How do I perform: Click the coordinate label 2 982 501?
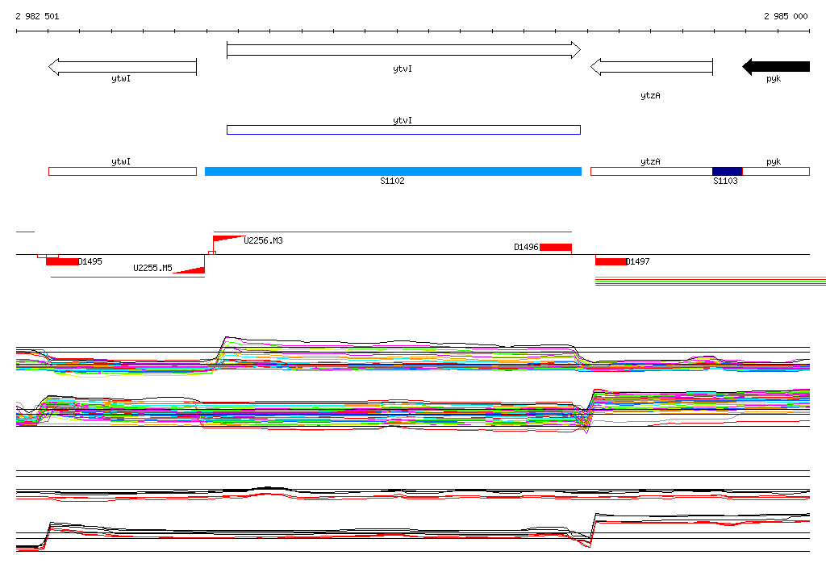point(37,16)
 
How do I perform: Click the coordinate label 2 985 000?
point(786,16)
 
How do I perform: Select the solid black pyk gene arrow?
point(776,66)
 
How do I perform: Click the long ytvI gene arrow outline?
point(403,50)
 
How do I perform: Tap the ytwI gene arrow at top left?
point(123,66)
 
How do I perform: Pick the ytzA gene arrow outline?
point(652,66)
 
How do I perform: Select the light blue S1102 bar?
point(393,171)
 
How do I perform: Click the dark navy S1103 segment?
point(727,171)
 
